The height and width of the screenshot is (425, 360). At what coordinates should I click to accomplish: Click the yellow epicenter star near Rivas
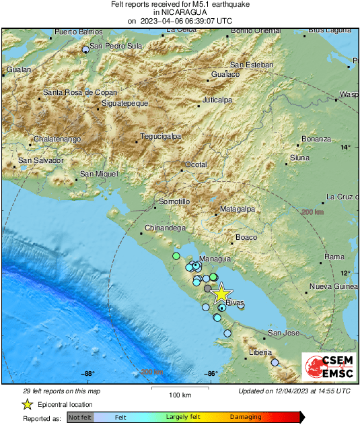pos(221,293)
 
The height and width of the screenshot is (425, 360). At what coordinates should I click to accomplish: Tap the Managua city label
pos(215,259)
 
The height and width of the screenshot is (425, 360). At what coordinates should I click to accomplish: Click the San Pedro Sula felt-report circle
pos(85,50)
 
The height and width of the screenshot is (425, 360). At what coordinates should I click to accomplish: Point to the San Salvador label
pos(40,160)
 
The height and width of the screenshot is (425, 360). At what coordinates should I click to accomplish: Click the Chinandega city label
pos(166,228)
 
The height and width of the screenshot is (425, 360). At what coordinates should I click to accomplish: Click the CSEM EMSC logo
pos(326,368)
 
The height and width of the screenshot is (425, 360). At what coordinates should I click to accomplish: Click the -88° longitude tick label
pos(88,374)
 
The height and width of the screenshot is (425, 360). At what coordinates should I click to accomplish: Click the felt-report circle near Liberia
pos(275,362)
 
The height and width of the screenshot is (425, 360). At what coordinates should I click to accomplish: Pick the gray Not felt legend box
pos(81,418)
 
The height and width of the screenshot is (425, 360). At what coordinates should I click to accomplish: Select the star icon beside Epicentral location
pos(27,404)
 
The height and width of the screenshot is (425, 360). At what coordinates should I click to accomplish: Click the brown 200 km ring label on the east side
pos(312,212)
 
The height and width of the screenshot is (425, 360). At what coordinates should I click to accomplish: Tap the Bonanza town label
pos(316,139)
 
